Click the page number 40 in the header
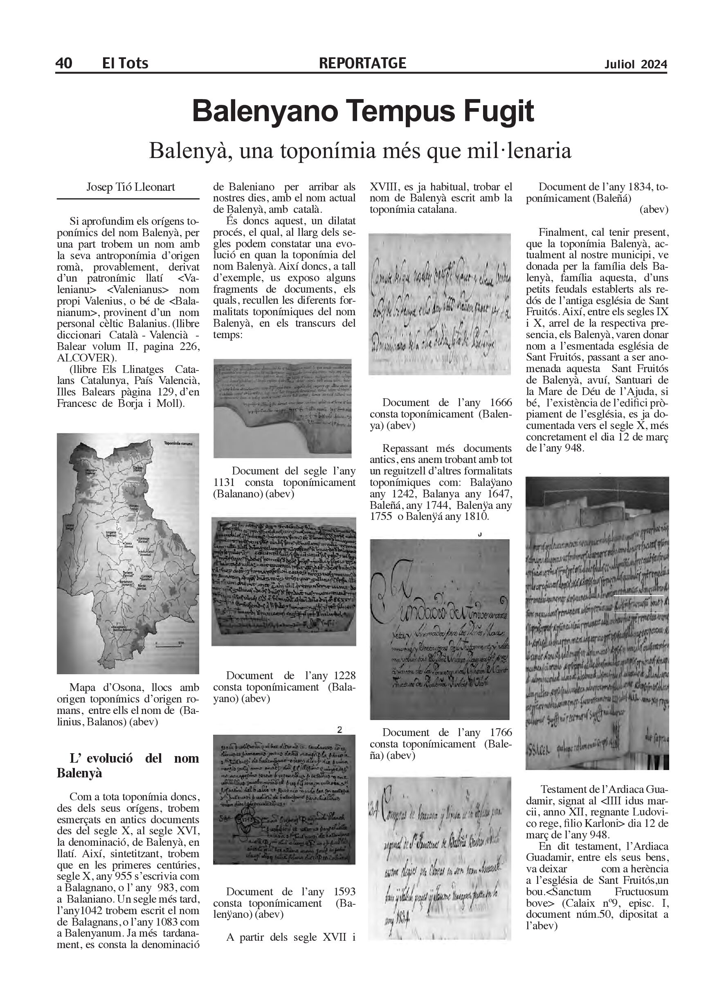click(x=64, y=63)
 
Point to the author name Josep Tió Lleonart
click(x=130, y=187)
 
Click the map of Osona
click(x=128, y=553)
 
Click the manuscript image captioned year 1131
click(x=283, y=408)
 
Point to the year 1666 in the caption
click(x=501, y=403)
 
